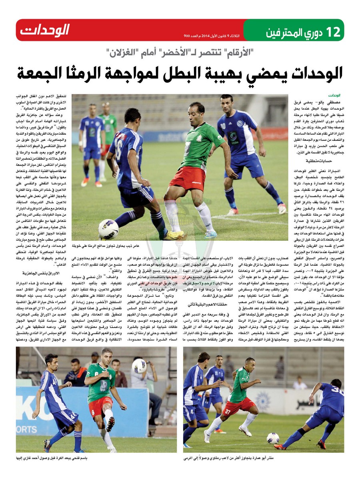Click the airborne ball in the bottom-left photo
pos(139,366)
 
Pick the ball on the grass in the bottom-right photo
pos(273,438)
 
